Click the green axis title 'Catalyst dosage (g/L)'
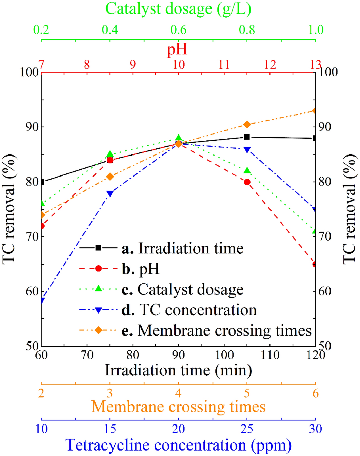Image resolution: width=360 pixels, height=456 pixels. click(x=178, y=9)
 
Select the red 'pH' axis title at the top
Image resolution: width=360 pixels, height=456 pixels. click(x=177, y=49)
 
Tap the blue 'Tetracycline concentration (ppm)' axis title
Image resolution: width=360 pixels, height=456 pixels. click(x=178, y=445)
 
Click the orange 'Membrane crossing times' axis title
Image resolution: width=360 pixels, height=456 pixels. click(x=178, y=407)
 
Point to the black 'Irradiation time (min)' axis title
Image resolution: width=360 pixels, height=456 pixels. click(x=178, y=370)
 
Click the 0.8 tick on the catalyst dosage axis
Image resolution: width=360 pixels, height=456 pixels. click(x=247, y=30)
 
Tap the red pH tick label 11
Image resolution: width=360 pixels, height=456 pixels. click(x=224, y=64)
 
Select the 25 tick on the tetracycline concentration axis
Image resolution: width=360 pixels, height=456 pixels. click(x=247, y=429)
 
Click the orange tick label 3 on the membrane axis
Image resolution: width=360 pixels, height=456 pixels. click(x=110, y=393)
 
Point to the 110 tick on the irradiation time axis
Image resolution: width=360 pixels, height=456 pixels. click(x=270, y=355)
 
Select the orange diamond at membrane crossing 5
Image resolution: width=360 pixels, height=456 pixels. click(x=247, y=125)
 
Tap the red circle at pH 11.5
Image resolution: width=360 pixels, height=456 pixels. click(x=247, y=182)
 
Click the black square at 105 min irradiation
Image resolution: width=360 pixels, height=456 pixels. click(x=247, y=137)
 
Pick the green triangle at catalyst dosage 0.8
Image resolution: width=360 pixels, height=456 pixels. click(x=247, y=170)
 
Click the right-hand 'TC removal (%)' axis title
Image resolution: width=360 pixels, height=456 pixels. click(x=350, y=209)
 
